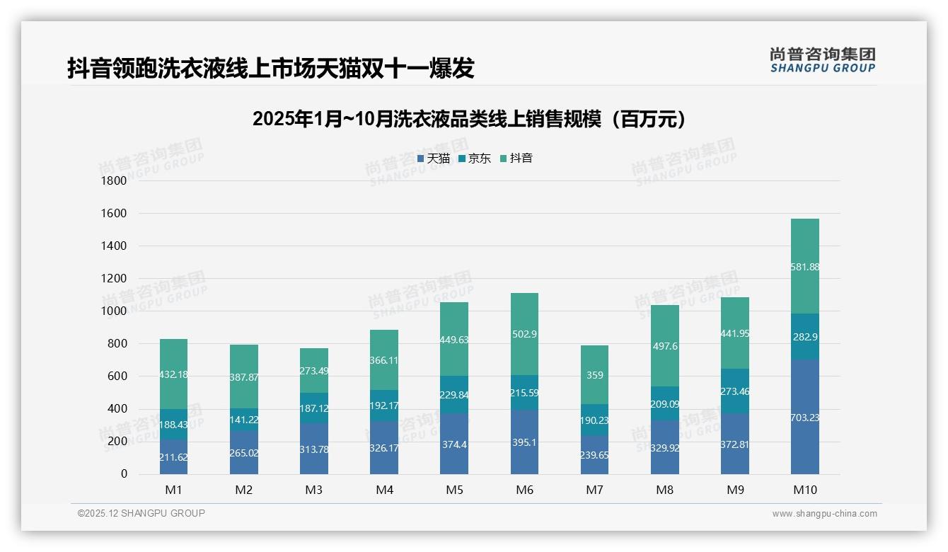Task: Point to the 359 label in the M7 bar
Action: click(594, 375)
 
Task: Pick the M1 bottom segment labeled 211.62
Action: click(173, 457)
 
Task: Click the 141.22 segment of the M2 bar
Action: click(243, 419)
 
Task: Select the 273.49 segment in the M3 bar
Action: click(313, 371)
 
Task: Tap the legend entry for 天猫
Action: click(434, 159)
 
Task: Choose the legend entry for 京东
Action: click(475, 159)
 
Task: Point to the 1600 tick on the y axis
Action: click(114, 213)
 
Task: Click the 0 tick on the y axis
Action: click(124, 474)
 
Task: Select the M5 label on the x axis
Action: click(454, 490)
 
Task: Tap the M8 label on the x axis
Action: click(664, 490)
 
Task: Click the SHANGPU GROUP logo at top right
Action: click(822, 60)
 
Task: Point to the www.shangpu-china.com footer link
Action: click(824, 514)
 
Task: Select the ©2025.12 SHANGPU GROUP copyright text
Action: click(141, 514)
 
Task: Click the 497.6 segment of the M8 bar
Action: click(664, 345)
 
